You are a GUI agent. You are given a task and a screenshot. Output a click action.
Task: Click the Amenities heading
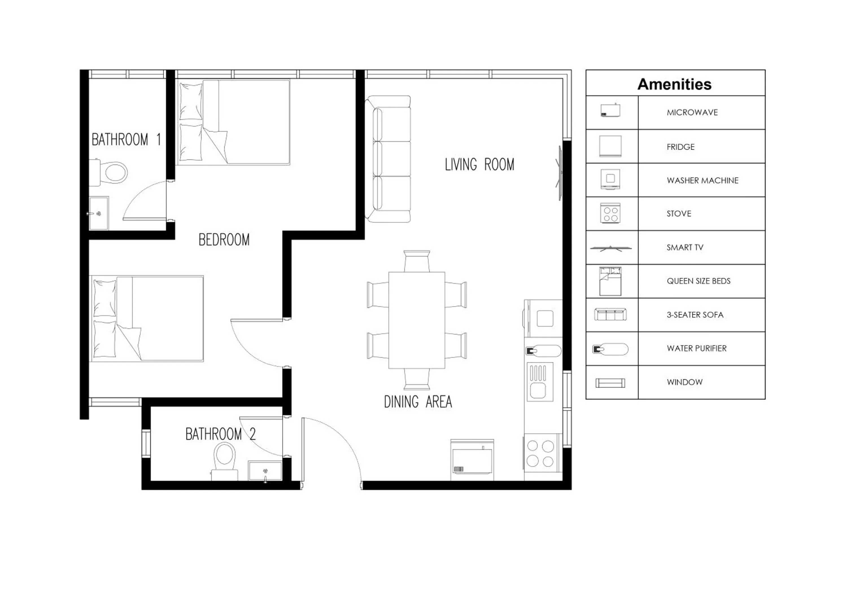coord(674,84)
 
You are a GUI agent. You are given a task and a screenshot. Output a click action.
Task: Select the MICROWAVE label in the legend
coord(692,112)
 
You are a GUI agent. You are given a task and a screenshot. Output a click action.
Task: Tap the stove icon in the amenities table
coord(610,213)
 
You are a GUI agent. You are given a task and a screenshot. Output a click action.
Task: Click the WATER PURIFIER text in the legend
coord(697,348)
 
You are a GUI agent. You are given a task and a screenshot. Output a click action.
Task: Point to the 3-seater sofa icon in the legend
coord(610,314)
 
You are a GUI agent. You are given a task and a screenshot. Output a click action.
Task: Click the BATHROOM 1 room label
coord(126,140)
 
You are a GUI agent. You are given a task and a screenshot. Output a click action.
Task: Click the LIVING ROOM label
coord(479,165)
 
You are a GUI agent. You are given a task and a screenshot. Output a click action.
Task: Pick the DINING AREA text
coord(418,401)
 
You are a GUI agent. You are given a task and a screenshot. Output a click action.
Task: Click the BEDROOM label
coord(224,240)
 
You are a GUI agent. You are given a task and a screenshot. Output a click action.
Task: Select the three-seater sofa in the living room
coord(388,159)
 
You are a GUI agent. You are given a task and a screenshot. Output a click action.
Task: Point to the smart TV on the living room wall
coord(560,173)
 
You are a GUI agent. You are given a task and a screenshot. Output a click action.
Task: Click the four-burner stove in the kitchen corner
coord(540,453)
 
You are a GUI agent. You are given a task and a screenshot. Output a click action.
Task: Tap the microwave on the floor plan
coord(472,462)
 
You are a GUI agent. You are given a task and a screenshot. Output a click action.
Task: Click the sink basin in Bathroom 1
coord(99,213)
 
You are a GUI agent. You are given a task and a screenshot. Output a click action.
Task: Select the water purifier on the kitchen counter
coord(543,351)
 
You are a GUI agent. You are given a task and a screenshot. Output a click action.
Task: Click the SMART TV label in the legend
coord(685,247)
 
